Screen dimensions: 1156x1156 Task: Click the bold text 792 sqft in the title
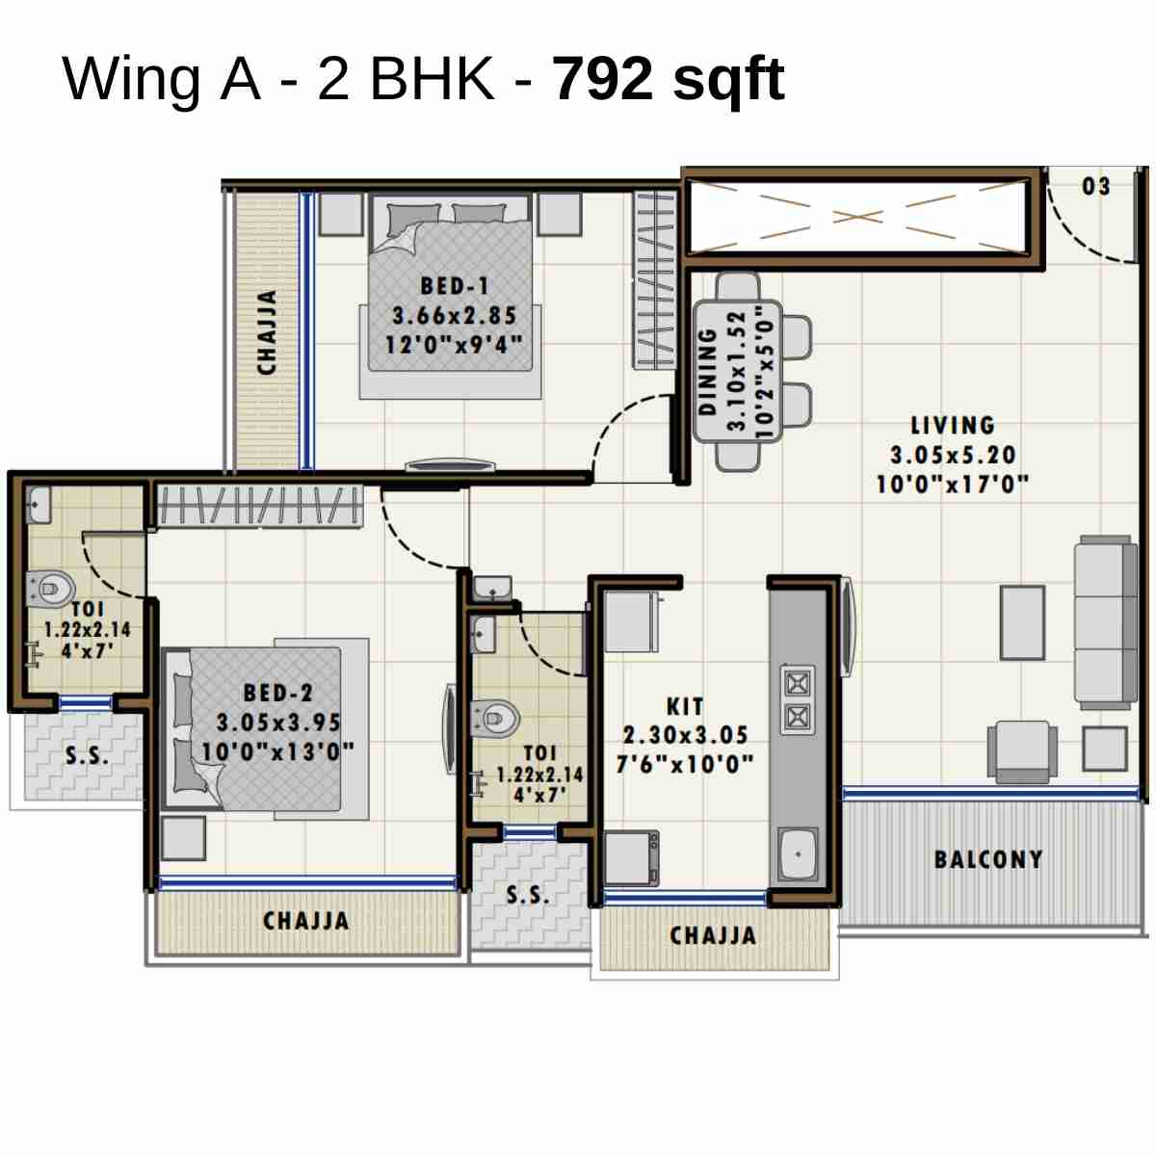[x=669, y=79]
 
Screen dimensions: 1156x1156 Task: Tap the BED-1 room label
[x=455, y=286]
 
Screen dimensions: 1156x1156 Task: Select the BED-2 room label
[x=277, y=693]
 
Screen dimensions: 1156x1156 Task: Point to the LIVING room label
[x=953, y=426]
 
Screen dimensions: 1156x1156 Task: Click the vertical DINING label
[x=708, y=372]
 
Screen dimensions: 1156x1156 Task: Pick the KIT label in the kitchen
[x=685, y=706]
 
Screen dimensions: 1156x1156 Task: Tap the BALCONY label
[x=988, y=859]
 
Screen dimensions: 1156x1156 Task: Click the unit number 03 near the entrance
[x=1096, y=187]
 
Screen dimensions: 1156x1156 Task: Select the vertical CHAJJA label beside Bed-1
[x=268, y=332]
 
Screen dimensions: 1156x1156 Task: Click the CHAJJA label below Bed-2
[x=306, y=921]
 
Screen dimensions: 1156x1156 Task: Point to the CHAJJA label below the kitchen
[x=713, y=935]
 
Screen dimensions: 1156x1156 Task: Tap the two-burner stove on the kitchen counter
[x=797, y=700]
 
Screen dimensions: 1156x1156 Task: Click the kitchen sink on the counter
[x=798, y=854]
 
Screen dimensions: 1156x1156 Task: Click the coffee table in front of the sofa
[x=1022, y=622]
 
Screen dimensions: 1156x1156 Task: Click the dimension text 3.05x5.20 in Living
[x=953, y=455]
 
